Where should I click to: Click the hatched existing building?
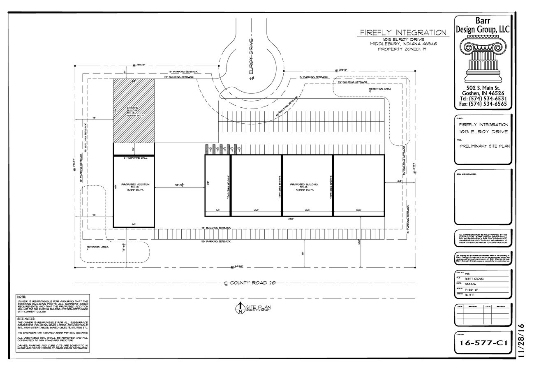(x=134, y=111)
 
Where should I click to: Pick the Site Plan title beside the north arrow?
(x=258, y=308)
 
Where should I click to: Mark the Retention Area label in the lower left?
(x=97, y=247)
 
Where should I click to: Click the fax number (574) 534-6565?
(x=483, y=104)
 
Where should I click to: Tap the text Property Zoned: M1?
(x=403, y=49)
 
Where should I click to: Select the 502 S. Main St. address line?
(x=483, y=88)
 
